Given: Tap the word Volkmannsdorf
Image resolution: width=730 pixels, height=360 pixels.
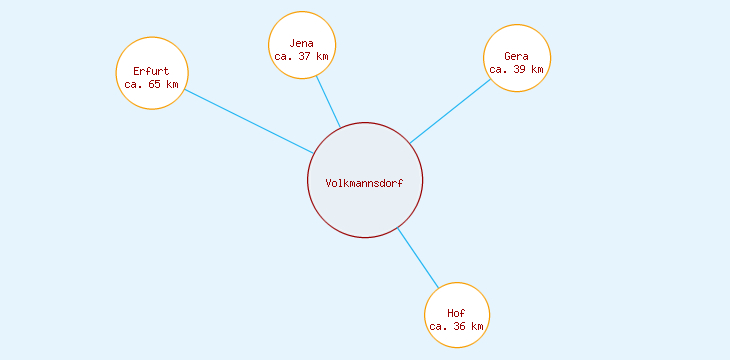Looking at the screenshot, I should [x=364, y=182].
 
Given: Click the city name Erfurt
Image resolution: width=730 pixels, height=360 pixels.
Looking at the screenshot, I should [x=152, y=71].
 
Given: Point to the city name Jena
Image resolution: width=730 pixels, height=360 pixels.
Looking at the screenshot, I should [x=302, y=43].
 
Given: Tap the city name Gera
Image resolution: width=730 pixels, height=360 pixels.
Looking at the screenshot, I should [x=517, y=56].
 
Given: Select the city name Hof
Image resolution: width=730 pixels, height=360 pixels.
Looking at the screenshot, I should [x=457, y=314].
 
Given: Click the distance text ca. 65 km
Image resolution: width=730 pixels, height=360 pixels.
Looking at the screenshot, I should [x=152, y=85].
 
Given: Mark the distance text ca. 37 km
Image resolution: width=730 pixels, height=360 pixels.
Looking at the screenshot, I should [x=302, y=57].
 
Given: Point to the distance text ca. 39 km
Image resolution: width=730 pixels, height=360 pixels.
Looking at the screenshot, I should [x=517, y=70].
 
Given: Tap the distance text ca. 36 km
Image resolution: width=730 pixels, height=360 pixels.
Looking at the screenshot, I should [x=457, y=327].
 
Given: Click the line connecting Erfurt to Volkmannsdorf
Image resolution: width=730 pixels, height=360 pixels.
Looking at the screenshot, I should [x=249, y=122].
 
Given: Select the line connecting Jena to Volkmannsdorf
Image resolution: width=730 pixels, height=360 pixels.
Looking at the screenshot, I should [x=328, y=101].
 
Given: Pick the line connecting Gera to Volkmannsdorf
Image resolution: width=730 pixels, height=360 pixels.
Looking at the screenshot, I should [x=450, y=111].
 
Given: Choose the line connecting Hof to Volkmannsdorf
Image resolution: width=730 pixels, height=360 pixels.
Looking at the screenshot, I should [x=418, y=257].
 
